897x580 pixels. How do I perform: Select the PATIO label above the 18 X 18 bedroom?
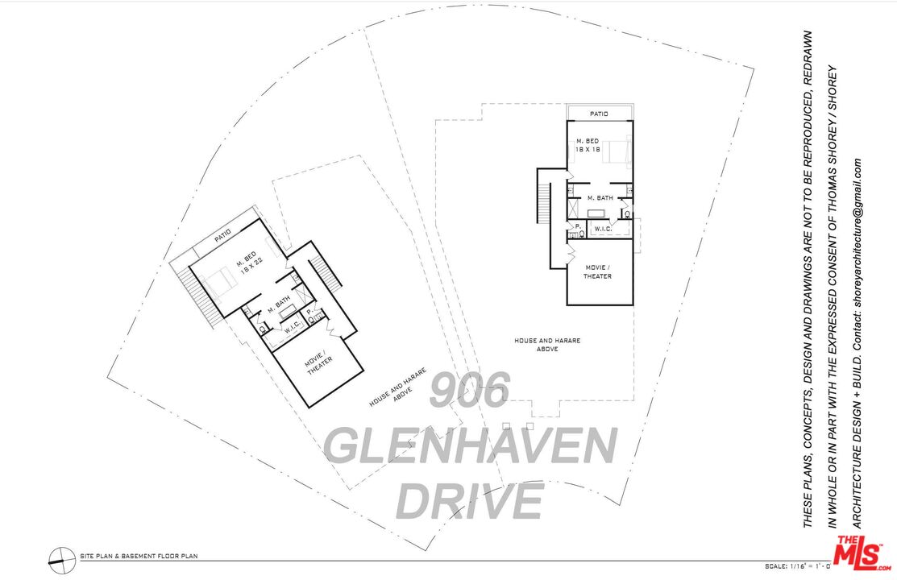(598, 114)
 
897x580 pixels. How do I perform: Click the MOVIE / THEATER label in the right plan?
(598, 271)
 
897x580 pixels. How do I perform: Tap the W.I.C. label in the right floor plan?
(603, 230)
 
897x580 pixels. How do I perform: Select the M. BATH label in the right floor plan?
(600, 197)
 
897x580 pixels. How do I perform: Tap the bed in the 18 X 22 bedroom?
(216, 284)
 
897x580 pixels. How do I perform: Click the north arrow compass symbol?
(58, 556)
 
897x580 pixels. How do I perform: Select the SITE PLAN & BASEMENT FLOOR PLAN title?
(139, 556)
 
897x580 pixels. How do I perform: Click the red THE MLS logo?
(862, 554)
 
